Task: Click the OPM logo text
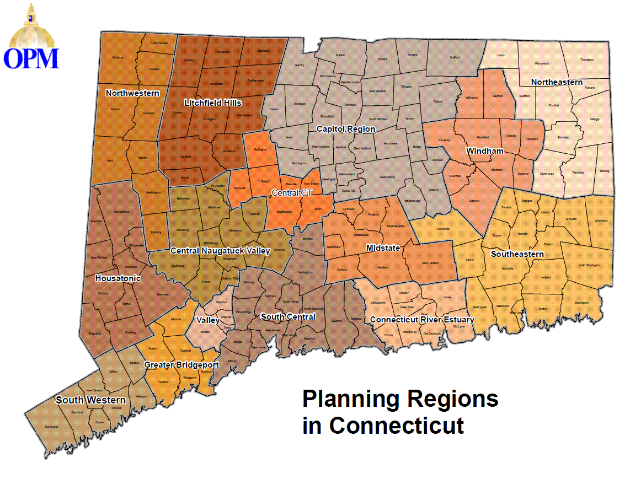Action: click(x=31, y=58)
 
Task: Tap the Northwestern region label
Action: click(x=132, y=93)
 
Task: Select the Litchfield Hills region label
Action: click(x=213, y=103)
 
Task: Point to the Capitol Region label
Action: click(x=345, y=129)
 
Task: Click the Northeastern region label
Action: click(x=557, y=82)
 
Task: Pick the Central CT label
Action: click(x=291, y=193)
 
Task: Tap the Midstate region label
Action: click(x=383, y=249)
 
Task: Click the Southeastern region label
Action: click(x=517, y=254)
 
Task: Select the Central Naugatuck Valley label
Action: click(x=220, y=251)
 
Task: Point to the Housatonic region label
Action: click(x=118, y=278)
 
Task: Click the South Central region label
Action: click(x=288, y=316)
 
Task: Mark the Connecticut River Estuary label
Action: click(x=422, y=320)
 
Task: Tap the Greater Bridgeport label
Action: click(x=181, y=365)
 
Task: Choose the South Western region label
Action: click(x=90, y=400)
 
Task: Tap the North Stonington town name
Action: click(x=589, y=265)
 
